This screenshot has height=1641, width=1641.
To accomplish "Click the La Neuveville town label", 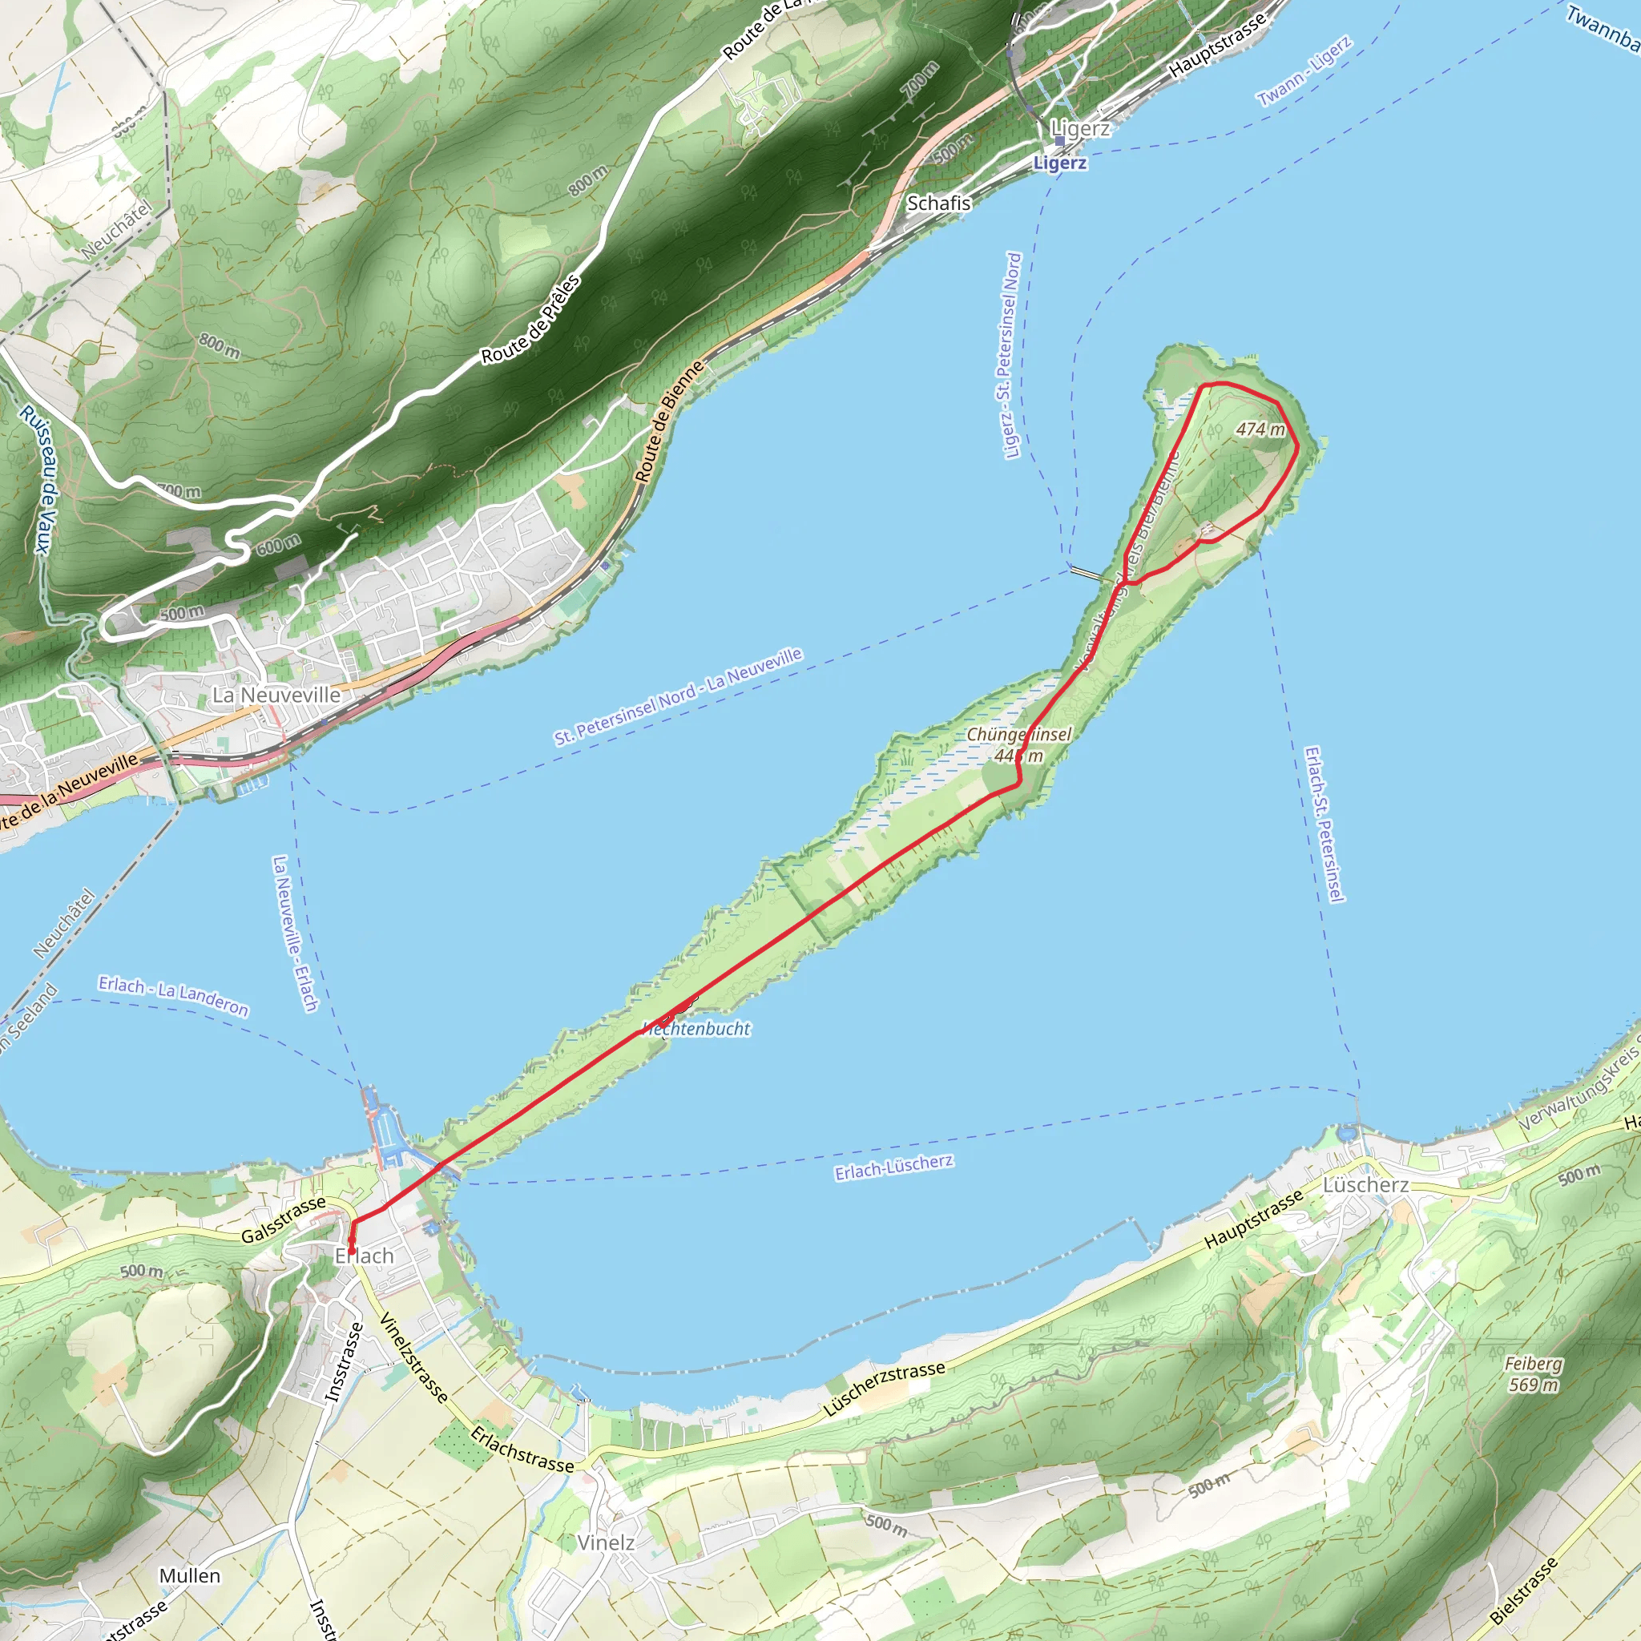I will click(276, 695).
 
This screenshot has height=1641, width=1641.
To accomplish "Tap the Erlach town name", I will click(365, 1256).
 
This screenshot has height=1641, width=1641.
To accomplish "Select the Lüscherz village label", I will click(1366, 1185).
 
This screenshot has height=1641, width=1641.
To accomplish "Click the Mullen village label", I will click(190, 1575).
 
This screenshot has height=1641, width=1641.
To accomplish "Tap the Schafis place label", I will click(938, 203).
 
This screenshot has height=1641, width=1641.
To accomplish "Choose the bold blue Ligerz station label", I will click(1059, 163).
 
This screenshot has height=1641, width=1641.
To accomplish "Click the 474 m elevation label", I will click(1260, 429).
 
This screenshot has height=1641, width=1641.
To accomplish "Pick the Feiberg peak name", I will click(1533, 1363).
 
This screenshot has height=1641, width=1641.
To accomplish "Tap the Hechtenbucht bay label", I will click(696, 1029).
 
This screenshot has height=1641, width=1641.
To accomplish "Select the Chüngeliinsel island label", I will click(1019, 734).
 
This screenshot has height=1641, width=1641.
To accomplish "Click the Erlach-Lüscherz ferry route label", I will click(893, 1167).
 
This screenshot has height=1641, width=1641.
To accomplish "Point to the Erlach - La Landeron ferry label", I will click(173, 995).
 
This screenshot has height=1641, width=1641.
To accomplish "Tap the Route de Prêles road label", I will click(531, 320).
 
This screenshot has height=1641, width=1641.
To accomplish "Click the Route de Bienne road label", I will click(670, 421).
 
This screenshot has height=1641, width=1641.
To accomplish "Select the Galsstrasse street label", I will click(284, 1220).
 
